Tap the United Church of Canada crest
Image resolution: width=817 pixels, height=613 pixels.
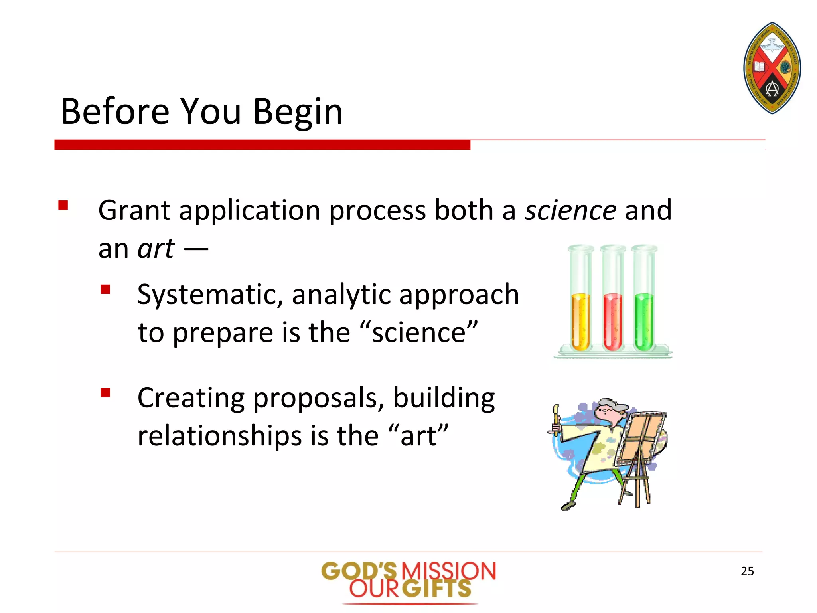pos(772,68)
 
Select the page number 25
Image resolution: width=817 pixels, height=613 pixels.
pos(747,571)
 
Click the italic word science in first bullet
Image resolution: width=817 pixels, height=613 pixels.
pos(570,210)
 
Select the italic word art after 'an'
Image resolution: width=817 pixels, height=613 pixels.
pos(156,249)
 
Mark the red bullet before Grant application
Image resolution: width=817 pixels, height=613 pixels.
pos(63,205)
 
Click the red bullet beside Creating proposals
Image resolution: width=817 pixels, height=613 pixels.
pos(105,393)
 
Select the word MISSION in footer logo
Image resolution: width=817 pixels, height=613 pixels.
pos(448,571)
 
